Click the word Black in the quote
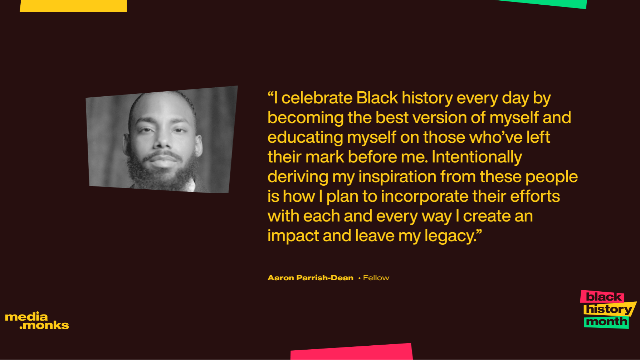click(377, 98)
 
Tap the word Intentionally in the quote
click(477, 157)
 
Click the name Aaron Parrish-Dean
click(310, 278)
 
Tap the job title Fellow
click(376, 278)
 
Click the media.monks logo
click(37, 321)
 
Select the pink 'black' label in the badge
click(603, 297)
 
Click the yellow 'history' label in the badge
click(608, 309)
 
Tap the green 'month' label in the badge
click(606, 322)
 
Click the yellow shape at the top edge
click(73, 5)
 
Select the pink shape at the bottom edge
click(351, 352)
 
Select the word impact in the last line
click(293, 236)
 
